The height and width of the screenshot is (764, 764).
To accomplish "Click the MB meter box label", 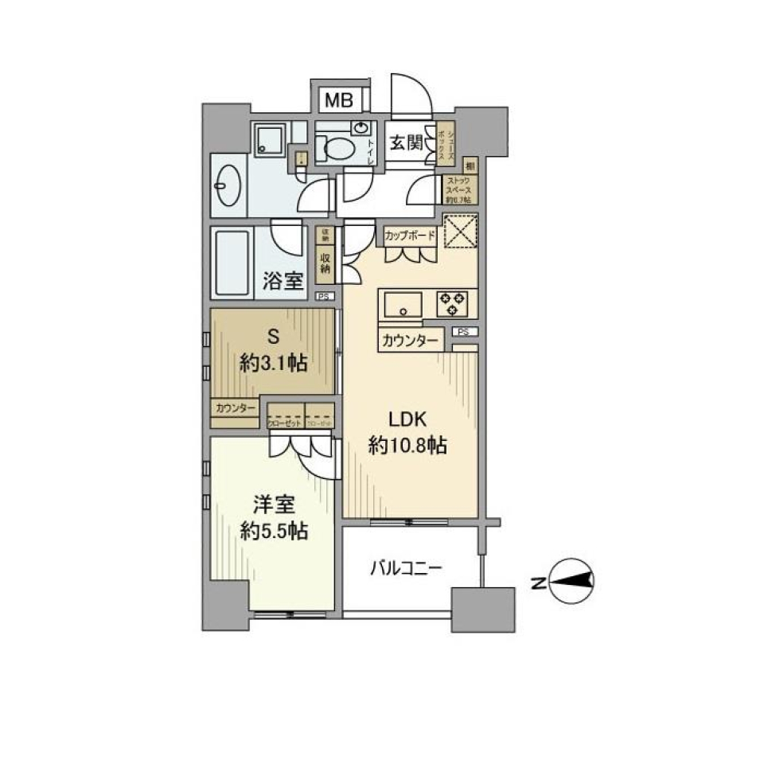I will [339, 101].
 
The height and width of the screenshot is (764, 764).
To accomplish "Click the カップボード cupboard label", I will [410, 236].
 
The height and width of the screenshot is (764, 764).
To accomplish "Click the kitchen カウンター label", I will [409, 341].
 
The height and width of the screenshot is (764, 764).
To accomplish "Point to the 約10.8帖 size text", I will [407, 446].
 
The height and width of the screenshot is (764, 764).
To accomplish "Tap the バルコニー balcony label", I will [406, 568].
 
